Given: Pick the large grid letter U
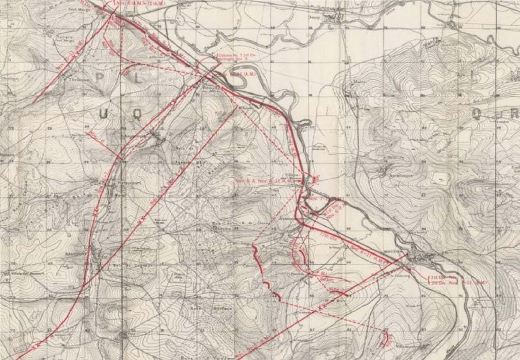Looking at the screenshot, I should pyautogui.click(x=104, y=115).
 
